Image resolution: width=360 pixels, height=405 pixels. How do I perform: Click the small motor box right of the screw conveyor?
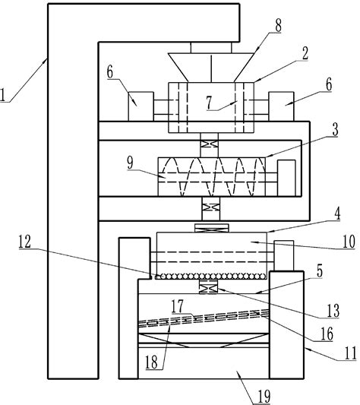point(286,176)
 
